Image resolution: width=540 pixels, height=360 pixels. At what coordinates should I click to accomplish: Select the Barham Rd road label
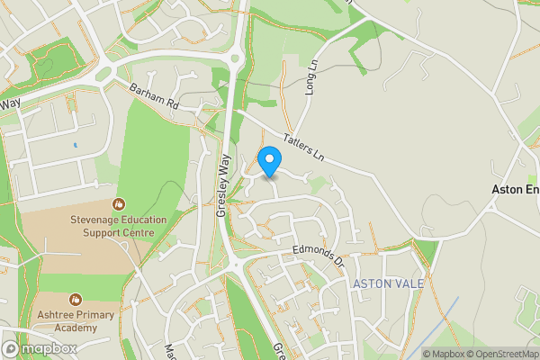point(155,98)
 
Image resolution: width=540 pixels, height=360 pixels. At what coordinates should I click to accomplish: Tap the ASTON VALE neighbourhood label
point(388,283)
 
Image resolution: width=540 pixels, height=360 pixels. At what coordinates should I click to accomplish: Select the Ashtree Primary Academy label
point(76,322)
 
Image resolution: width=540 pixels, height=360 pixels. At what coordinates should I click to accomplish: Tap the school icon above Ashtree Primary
point(76,299)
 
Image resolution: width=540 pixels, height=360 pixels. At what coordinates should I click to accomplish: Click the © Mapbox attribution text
point(446,354)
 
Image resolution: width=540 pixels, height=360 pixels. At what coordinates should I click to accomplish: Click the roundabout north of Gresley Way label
point(237,59)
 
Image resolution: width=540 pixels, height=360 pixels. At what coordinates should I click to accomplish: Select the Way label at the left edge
point(10,104)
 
